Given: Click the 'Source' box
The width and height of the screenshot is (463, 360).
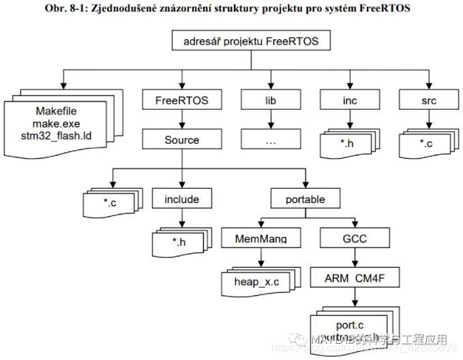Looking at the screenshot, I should pyautogui.click(x=181, y=140).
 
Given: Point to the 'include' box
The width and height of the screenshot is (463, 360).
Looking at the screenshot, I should pyautogui.click(x=181, y=200).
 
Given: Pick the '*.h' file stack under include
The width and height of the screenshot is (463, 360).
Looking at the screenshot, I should pyautogui.click(x=179, y=242).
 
